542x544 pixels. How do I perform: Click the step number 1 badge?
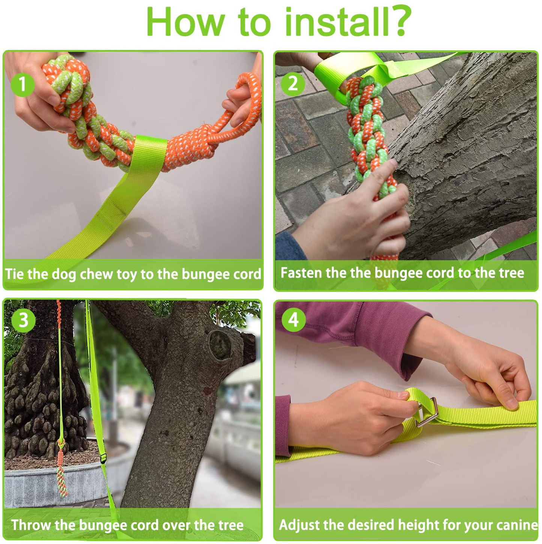pos(23,84)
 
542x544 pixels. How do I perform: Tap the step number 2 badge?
pos(293,84)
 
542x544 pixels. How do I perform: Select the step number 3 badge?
pos(23,320)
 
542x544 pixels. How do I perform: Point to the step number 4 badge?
pos(294,320)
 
